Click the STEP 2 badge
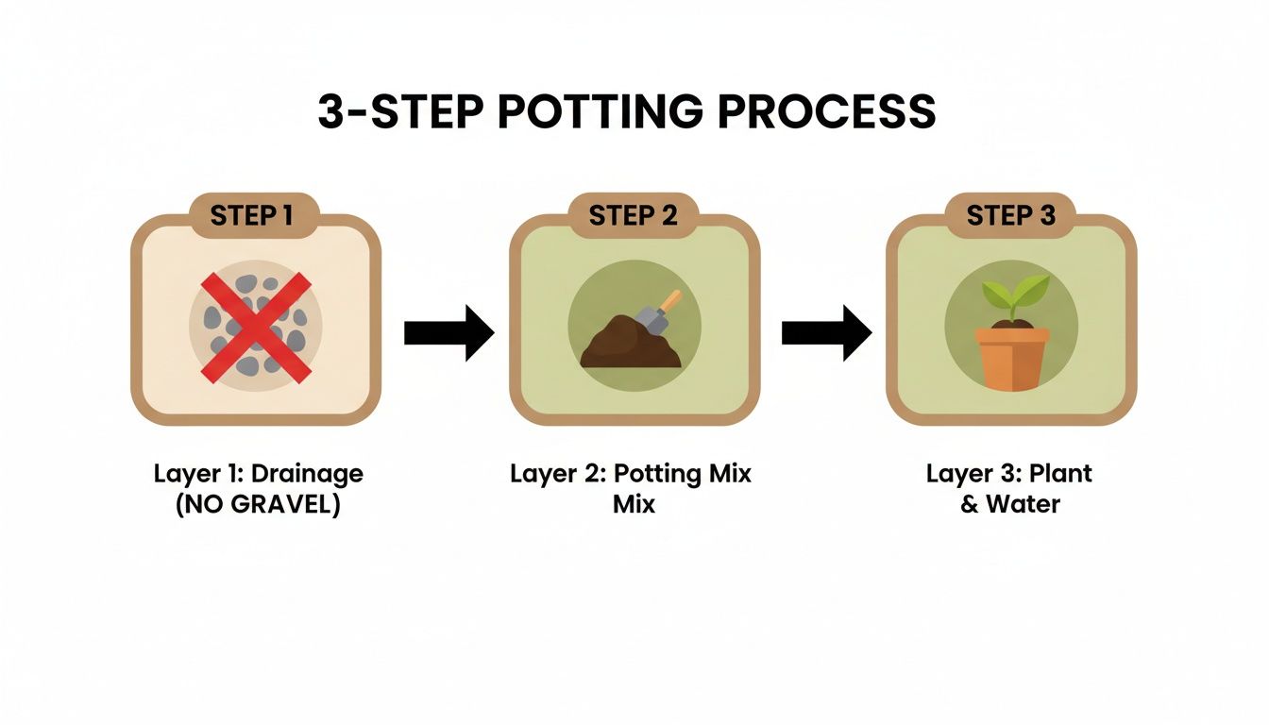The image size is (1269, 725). click(x=633, y=216)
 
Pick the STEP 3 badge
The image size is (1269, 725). click(x=1010, y=216)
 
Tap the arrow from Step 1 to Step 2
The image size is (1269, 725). click(x=448, y=332)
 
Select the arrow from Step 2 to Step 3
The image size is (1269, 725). click(x=826, y=332)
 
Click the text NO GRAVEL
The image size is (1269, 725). click(x=258, y=504)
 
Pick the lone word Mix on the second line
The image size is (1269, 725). click(x=634, y=504)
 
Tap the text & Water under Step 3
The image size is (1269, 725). click(x=1010, y=504)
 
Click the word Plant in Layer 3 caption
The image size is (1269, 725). click(x=1059, y=474)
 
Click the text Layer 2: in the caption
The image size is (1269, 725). click(x=553, y=474)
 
